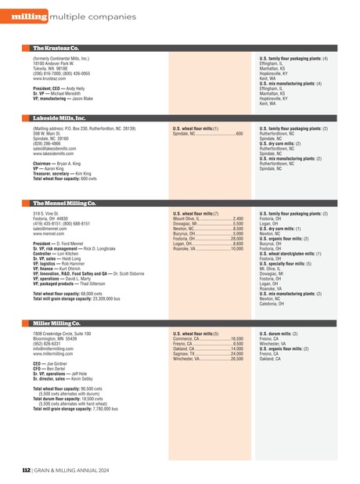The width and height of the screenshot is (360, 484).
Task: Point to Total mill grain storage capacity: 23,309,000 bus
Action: tap(76, 299)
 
